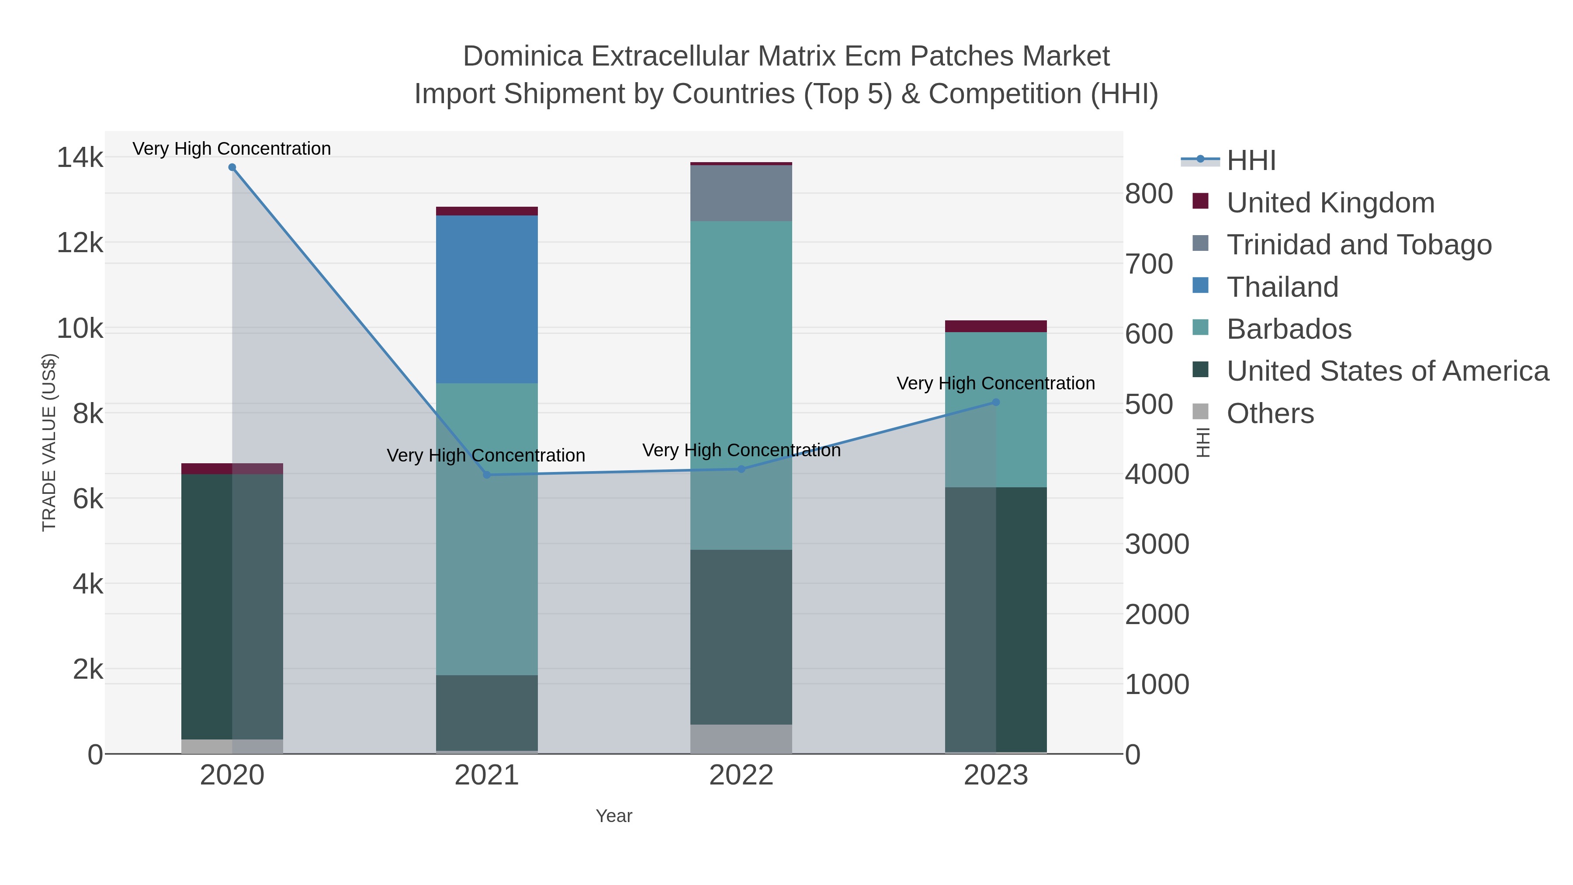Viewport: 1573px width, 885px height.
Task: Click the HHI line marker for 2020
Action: pyautogui.click(x=232, y=167)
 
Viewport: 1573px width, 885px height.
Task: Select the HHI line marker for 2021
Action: pyautogui.click(x=487, y=475)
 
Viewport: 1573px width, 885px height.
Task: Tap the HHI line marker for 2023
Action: pyautogui.click(x=996, y=403)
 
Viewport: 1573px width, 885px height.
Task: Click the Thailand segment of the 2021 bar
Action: pyautogui.click(x=487, y=299)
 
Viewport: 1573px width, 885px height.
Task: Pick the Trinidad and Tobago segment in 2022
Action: pyautogui.click(x=741, y=193)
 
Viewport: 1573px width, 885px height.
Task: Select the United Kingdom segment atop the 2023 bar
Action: pyautogui.click(x=996, y=326)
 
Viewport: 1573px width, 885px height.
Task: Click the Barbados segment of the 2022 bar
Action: pyautogui.click(x=741, y=385)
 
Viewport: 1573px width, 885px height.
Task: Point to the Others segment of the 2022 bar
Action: pyautogui.click(x=741, y=739)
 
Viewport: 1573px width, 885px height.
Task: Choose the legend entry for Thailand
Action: pyautogui.click(x=1282, y=287)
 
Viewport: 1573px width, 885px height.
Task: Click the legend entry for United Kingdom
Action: pyautogui.click(x=1330, y=203)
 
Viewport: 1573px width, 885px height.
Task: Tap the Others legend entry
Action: pyautogui.click(x=1270, y=413)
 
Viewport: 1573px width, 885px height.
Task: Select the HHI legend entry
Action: pyautogui.click(x=1251, y=161)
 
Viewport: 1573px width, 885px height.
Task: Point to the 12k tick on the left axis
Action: pyautogui.click(x=80, y=243)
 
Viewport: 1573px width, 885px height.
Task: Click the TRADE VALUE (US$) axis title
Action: pyautogui.click(x=49, y=442)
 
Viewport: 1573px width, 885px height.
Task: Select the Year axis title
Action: pyautogui.click(x=614, y=816)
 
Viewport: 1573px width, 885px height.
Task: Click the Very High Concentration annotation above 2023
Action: pyautogui.click(x=995, y=384)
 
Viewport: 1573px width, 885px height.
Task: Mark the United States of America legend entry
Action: pyautogui.click(x=1387, y=371)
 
